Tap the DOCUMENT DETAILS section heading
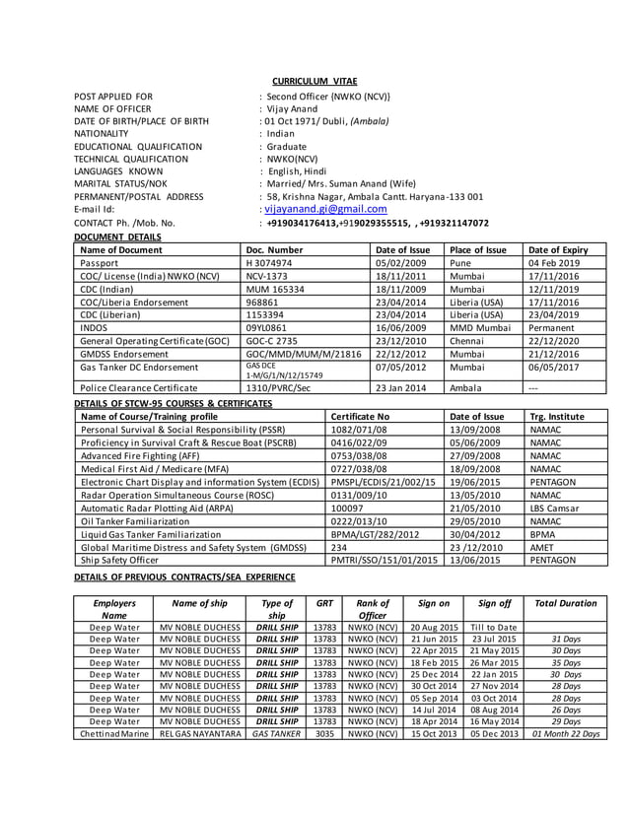(118, 237)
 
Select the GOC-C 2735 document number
(273, 339)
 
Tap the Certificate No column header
(360, 417)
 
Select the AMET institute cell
(541, 546)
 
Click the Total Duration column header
(565, 603)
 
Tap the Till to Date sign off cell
(494, 627)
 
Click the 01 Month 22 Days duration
(565, 733)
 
